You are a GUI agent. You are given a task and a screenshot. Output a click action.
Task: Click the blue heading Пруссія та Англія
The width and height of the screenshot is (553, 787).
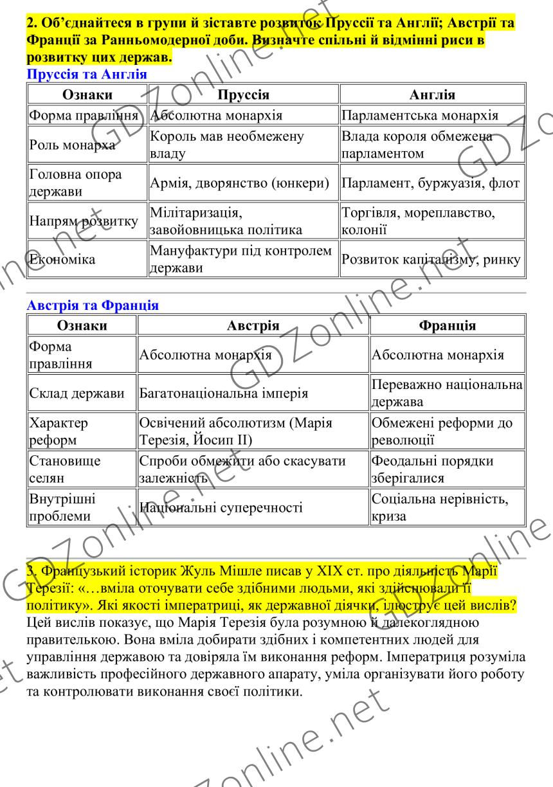click(87, 75)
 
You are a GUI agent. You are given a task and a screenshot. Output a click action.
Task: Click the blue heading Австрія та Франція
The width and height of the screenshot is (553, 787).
click(93, 306)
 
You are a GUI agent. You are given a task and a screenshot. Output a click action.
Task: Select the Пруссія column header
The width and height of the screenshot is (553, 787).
click(244, 95)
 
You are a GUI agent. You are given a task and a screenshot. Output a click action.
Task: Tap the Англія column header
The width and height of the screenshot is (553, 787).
click(432, 95)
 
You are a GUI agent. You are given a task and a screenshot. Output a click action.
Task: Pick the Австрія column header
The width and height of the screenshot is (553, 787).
click(253, 325)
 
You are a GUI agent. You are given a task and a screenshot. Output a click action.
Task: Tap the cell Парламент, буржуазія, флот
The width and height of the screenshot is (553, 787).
click(430, 185)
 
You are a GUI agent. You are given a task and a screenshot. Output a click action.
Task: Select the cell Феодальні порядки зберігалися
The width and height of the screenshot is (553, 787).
click(432, 470)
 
